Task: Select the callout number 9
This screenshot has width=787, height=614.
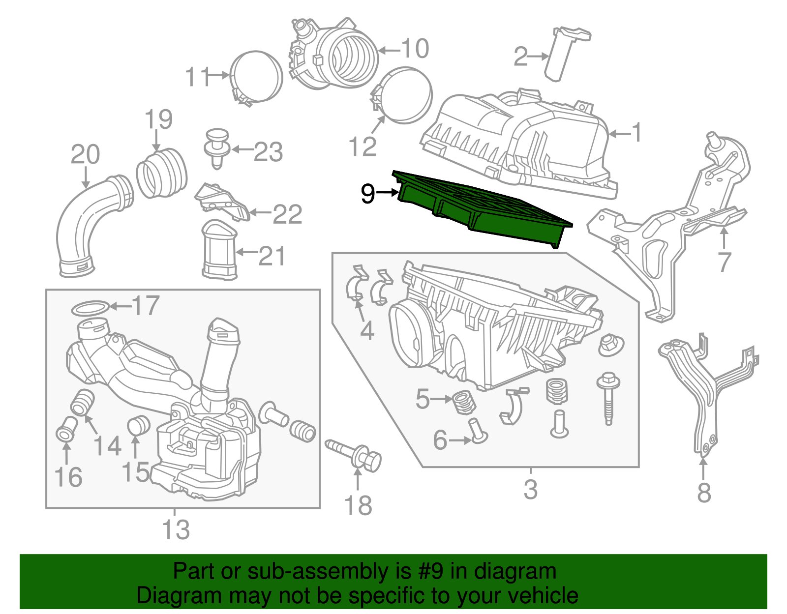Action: pos(368,194)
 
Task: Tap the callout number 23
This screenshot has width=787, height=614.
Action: pos(268,152)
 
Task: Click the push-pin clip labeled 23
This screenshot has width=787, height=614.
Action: pos(217,145)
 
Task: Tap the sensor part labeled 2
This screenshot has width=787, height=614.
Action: pos(566,52)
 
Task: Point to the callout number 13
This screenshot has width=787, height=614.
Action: pos(176,530)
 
